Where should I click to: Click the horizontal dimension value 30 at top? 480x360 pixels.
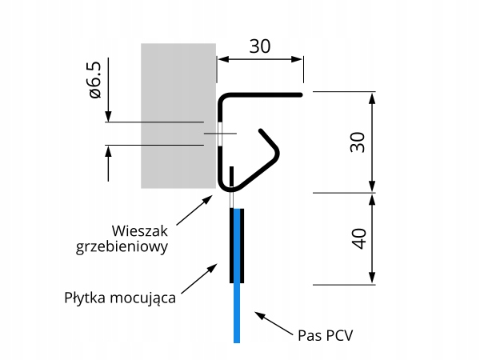coord(259,46)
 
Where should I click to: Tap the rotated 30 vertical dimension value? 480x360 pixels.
coord(358,142)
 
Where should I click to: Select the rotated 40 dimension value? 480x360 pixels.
coord(358,238)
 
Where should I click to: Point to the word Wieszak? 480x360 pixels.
coord(141,230)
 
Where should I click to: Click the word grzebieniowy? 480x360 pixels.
coord(122,247)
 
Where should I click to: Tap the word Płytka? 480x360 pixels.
coord(88,299)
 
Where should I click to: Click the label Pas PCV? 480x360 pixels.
coord(324,333)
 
